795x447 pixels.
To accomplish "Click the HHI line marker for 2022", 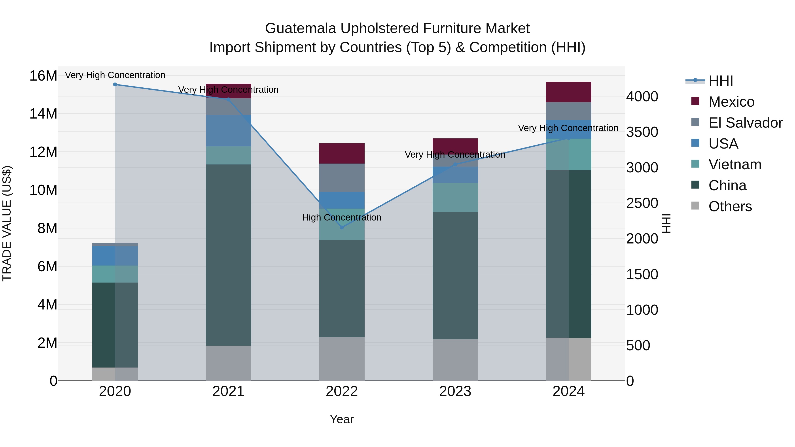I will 342,227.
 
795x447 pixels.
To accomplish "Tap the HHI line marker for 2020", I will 115,84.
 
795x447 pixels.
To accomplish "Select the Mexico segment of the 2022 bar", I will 342,153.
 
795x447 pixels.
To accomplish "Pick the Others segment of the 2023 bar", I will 455,360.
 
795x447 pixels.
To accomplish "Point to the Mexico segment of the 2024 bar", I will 568,92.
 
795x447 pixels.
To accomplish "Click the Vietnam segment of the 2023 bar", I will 455,197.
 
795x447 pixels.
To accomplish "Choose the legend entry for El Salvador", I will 745,123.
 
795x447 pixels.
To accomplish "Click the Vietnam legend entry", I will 734,164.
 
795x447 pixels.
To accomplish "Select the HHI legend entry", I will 720,81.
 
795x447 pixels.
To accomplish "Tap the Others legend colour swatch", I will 695,206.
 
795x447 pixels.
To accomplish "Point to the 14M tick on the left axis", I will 43,114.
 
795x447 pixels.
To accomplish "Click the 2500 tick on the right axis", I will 642,203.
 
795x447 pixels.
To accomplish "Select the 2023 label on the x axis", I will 455,391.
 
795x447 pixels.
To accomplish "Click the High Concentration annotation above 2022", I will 342,217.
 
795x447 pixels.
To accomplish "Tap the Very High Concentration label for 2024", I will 568,128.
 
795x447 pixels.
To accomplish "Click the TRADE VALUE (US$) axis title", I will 7,223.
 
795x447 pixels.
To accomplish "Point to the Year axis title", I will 342,419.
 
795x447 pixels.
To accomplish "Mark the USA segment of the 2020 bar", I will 115,256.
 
